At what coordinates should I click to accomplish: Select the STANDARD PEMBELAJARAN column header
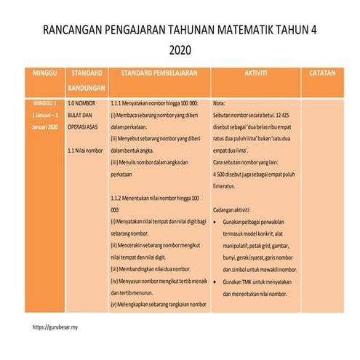(159, 74)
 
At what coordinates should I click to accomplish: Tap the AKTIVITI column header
(256, 74)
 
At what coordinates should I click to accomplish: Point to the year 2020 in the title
(180, 51)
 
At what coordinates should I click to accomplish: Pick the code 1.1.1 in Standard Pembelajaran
(119, 104)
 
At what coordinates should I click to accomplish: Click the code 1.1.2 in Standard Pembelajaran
(119, 198)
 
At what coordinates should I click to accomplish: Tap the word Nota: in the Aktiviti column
(223, 104)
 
